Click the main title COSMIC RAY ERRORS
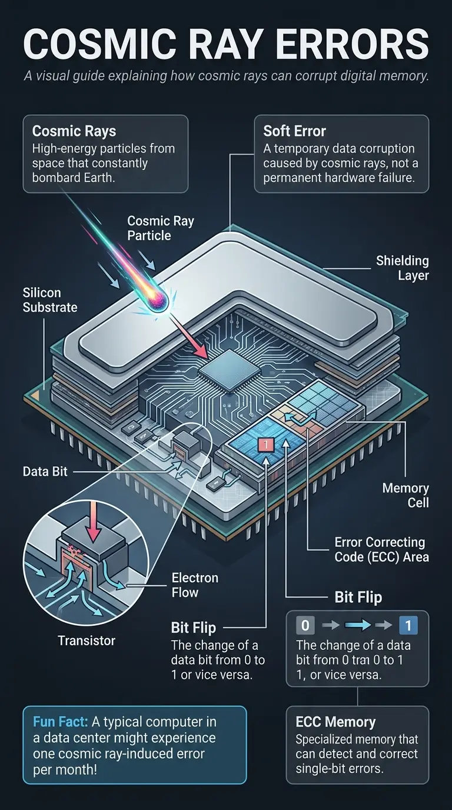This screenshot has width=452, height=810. click(226, 44)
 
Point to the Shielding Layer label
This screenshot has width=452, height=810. click(403, 268)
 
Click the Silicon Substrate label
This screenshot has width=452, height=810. click(50, 300)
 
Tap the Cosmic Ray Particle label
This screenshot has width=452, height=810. click(161, 228)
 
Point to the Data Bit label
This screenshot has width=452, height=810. click(45, 472)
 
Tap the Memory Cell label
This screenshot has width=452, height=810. click(406, 495)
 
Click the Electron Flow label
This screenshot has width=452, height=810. click(195, 585)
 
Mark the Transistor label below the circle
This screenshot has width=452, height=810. click(87, 640)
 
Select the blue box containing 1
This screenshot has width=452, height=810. click(408, 625)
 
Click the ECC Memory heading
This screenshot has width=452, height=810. click(335, 722)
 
